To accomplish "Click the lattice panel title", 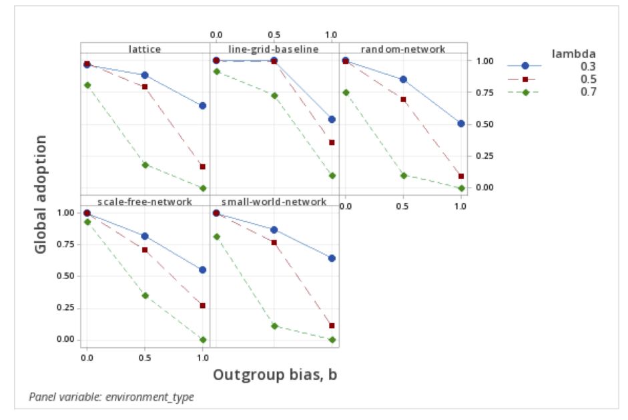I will click(145, 48).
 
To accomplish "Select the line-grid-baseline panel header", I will click(274, 48).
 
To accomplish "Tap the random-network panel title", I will click(403, 48).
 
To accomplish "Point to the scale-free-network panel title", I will click(145, 201).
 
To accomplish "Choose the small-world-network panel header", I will click(274, 201).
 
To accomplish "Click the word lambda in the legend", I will click(573, 53).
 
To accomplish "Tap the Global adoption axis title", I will click(41, 194).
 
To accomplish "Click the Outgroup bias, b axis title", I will click(275, 375).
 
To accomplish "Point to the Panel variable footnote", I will click(111, 397).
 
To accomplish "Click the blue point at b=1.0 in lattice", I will click(203, 106).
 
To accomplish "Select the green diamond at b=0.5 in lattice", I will click(145, 165).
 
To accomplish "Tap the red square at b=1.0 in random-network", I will click(461, 176).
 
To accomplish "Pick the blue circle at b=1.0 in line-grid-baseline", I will click(332, 120).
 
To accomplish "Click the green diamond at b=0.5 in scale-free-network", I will click(145, 295).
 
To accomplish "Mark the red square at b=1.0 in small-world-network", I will click(332, 326).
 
